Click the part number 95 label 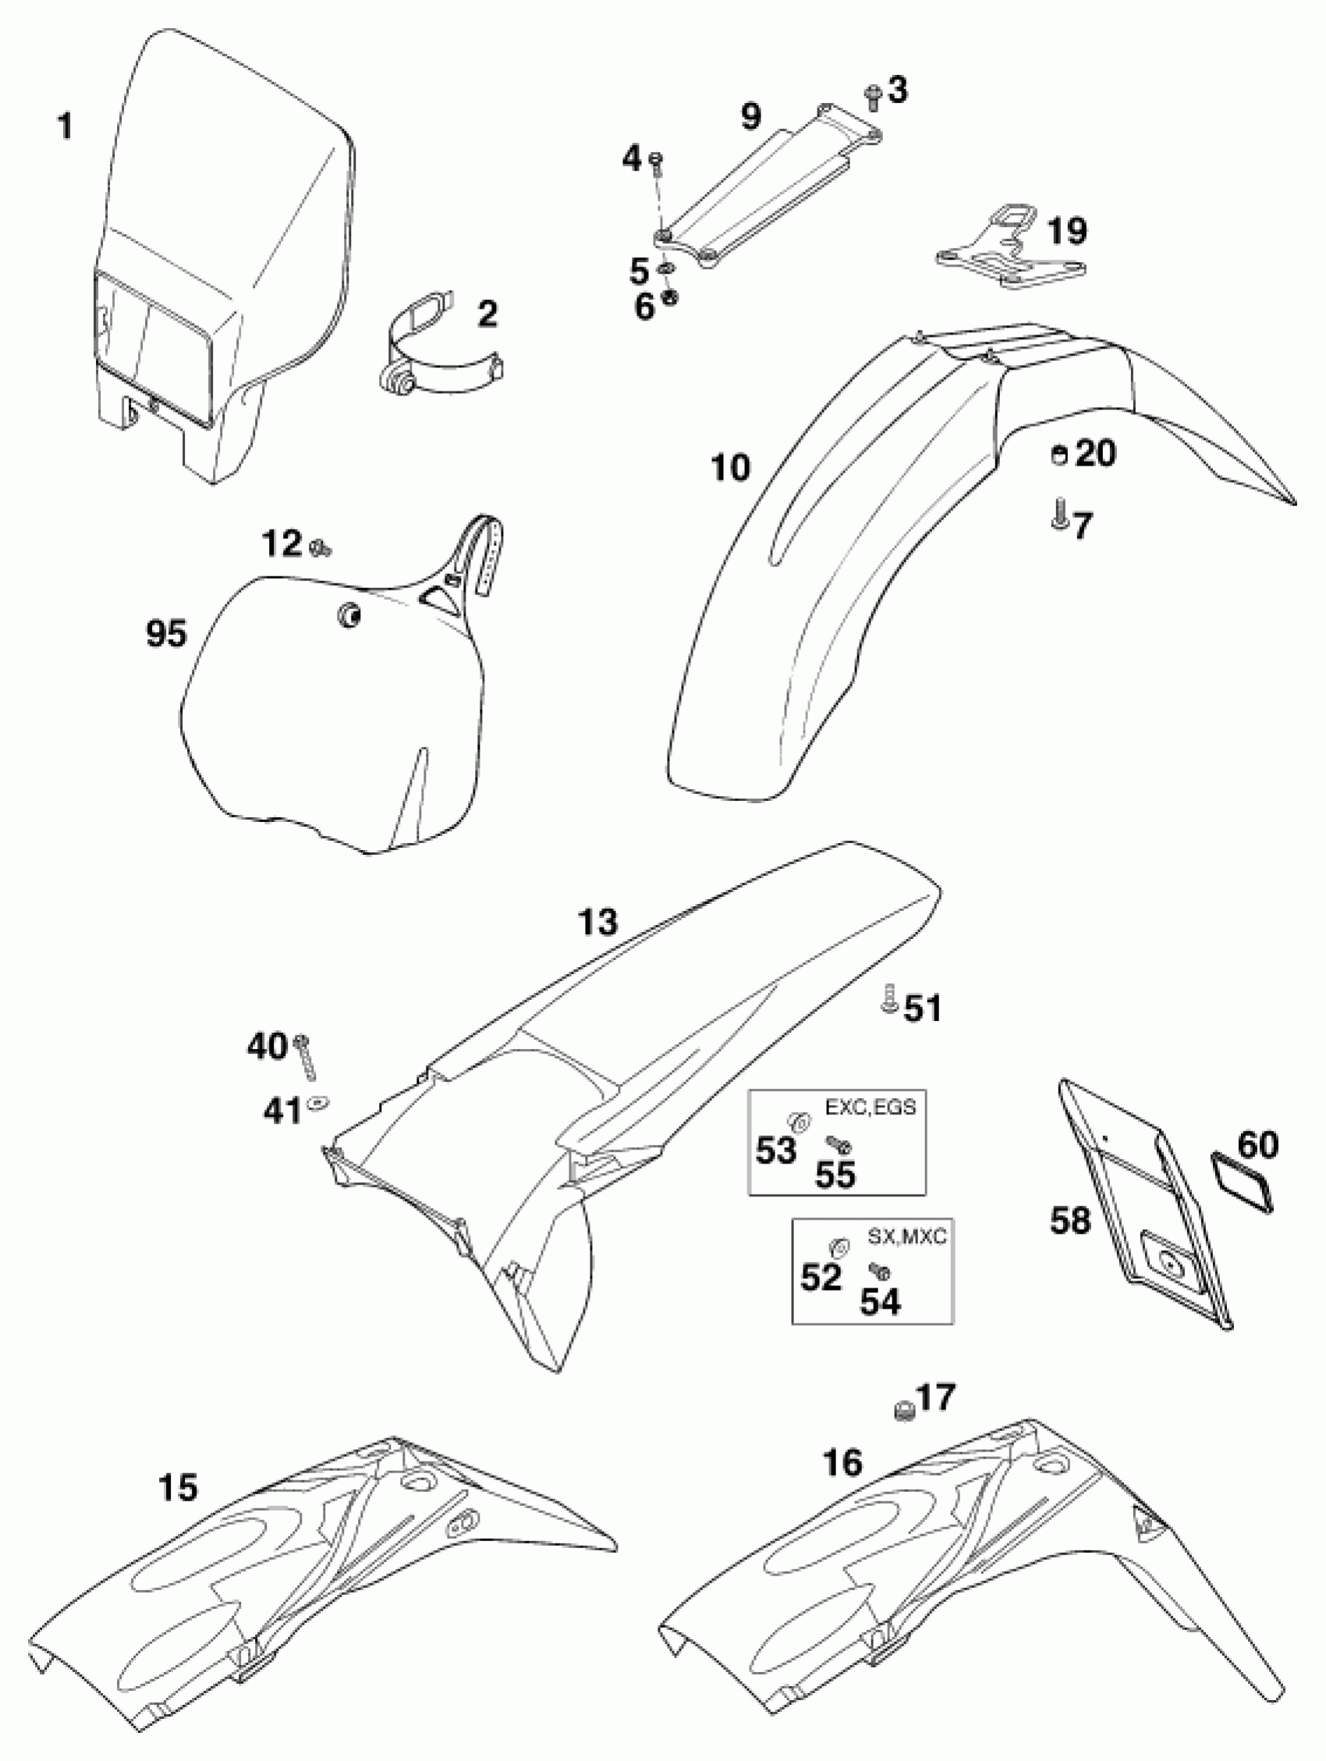[x=166, y=635]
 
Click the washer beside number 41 [x=319, y=1103]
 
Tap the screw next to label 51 [x=888, y=998]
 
